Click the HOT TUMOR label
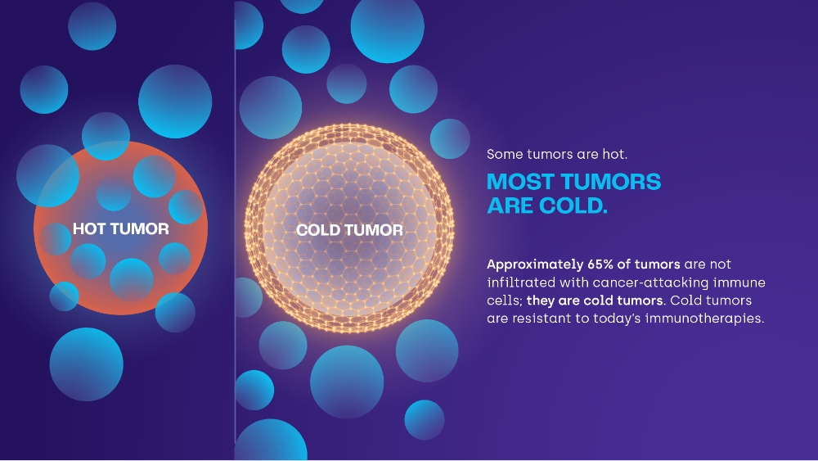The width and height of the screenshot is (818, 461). pyautogui.click(x=120, y=228)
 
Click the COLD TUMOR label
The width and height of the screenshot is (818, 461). pyautogui.click(x=349, y=230)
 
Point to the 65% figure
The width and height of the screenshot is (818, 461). pyautogui.click(x=600, y=264)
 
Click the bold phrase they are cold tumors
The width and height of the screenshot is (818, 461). pyautogui.click(x=596, y=301)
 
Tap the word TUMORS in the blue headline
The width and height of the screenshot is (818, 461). pyautogui.click(x=610, y=183)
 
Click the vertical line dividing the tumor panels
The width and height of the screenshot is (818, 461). pyautogui.click(x=235, y=230)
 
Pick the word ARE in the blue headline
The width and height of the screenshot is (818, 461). pyautogui.click(x=510, y=206)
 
